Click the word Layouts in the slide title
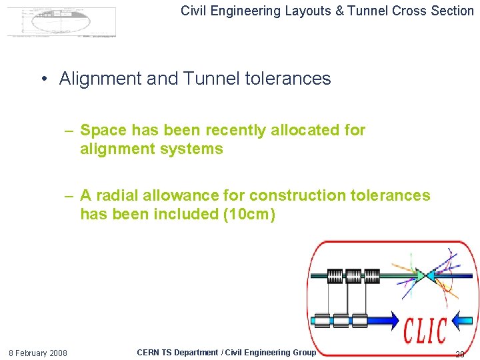(x=298, y=11)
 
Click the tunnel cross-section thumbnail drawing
(x=61, y=21)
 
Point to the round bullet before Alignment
(x=44, y=79)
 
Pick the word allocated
(x=306, y=131)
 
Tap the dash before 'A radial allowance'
(x=69, y=196)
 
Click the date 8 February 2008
(x=37, y=353)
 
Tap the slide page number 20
(x=459, y=354)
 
